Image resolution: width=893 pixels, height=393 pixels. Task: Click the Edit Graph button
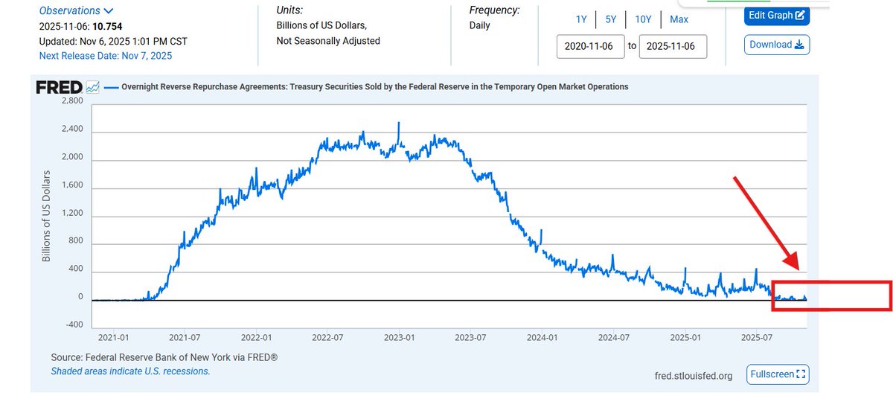coord(777,16)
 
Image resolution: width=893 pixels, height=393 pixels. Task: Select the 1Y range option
coord(580,19)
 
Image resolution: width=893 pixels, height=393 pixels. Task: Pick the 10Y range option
coord(644,19)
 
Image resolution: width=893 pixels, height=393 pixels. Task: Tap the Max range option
coord(679,19)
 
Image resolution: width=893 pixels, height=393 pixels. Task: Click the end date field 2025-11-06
coord(672,46)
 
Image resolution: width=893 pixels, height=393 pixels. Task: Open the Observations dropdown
coord(76,10)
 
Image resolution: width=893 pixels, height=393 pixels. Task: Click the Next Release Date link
coord(105,56)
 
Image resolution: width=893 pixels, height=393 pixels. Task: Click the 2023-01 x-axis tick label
coord(400,337)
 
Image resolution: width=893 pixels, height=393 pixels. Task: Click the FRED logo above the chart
coord(60,87)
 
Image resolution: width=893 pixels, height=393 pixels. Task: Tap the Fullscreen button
coord(778,374)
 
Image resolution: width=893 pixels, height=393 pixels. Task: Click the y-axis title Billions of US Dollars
coord(46,216)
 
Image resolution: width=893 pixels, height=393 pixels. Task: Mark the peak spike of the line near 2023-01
coord(399,123)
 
